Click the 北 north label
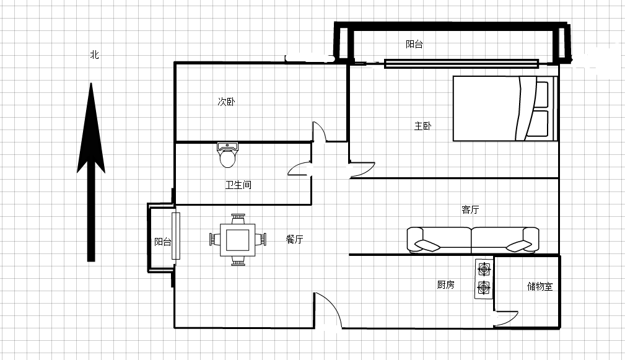tap(95, 55)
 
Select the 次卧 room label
tap(227, 102)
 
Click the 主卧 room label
tap(422, 126)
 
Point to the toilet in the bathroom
tap(227, 155)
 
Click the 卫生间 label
tap(238, 185)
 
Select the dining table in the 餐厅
tap(238, 240)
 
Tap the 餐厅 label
tap(295, 239)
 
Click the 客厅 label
tap(470, 209)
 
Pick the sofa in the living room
tap(473, 240)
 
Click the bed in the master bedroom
tap(505, 108)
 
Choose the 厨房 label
tap(445, 284)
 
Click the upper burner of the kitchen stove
tap(484, 270)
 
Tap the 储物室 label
tap(540, 286)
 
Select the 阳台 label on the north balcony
tap(414, 44)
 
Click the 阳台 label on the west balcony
tap(163, 242)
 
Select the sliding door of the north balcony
tap(461, 64)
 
